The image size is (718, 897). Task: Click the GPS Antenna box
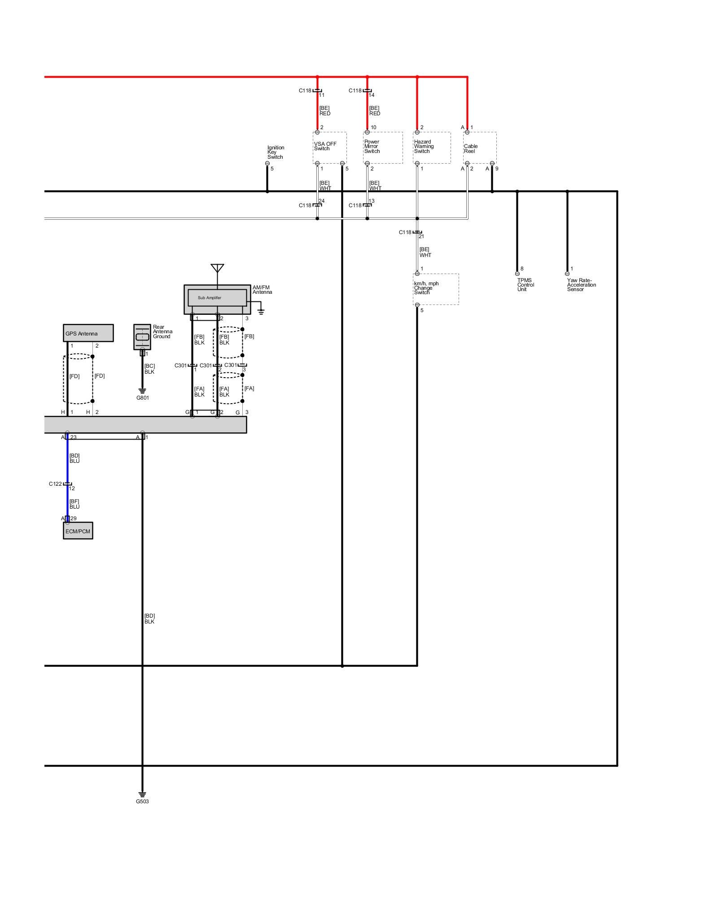[88, 333]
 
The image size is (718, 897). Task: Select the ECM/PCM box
[78, 531]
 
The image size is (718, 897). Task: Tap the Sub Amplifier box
[217, 298]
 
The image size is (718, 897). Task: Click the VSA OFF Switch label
[325, 146]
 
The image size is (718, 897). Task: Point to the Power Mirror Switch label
[372, 146]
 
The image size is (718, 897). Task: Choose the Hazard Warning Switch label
[424, 146]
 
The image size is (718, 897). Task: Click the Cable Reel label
[471, 148]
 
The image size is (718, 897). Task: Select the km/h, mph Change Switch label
[426, 288]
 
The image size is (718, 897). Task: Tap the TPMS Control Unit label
[525, 285]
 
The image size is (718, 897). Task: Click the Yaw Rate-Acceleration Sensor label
[581, 285]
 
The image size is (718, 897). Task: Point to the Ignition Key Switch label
[276, 152]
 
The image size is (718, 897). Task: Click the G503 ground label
[142, 801]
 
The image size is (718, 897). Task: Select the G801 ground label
[142, 398]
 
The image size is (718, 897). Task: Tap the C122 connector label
[55, 484]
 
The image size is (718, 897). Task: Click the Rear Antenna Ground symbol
[142, 337]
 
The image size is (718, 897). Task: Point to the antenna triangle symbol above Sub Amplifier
[217, 268]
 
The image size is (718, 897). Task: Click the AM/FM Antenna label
[262, 290]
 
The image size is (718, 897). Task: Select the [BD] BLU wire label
[74, 458]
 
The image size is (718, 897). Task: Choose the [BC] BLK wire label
[149, 369]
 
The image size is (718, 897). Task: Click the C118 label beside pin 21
[405, 232]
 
